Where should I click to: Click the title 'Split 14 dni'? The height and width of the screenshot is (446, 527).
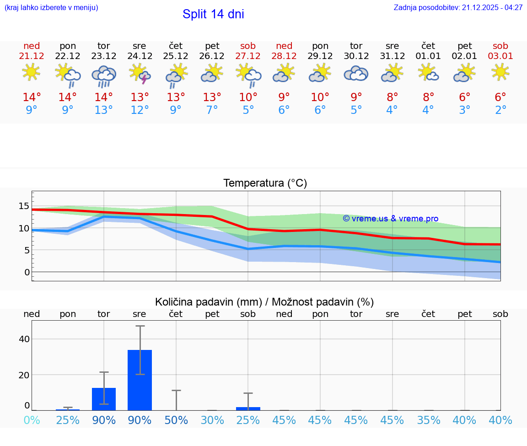(213, 14)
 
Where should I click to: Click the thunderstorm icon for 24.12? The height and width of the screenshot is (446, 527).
(140, 74)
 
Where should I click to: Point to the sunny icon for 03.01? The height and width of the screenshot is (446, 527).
(500, 72)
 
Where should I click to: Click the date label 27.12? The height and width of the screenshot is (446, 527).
(248, 56)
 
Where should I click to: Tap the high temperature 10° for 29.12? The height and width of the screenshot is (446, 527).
(320, 97)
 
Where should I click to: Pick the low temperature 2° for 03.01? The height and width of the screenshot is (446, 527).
(500, 111)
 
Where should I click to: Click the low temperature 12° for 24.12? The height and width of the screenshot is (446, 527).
(140, 111)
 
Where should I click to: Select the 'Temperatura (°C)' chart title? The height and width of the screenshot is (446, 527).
(265, 183)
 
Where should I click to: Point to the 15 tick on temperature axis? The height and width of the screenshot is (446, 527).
(24, 206)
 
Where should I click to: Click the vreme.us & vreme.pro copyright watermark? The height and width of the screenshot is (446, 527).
(391, 219)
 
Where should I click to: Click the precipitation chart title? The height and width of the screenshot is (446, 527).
(264, 302)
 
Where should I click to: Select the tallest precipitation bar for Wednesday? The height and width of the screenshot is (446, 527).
(140, 380)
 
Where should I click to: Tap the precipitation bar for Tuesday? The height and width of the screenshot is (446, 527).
(104, 399)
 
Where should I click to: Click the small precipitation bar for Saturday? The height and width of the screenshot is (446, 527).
(248, 408)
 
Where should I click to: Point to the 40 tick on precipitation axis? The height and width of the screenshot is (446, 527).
(24, 339)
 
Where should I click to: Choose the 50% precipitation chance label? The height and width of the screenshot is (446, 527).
(176, 420)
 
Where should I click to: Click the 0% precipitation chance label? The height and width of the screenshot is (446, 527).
(32, 420)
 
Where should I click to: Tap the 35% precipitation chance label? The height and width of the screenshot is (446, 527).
(429, 420)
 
